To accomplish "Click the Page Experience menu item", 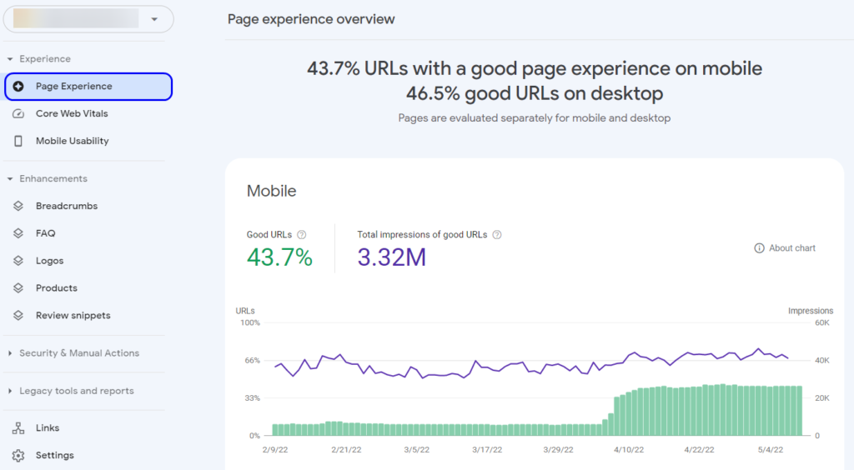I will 73,87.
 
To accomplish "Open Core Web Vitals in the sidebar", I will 72,113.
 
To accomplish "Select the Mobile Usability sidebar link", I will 72,141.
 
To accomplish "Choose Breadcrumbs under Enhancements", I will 66,206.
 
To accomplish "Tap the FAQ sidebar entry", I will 45,233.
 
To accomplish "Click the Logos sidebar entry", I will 49,261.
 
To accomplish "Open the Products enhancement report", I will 56,288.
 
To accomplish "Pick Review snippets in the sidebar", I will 73,316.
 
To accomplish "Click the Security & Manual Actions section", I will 78,353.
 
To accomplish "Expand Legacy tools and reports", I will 76,391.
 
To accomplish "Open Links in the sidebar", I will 48,428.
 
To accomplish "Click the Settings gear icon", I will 18,456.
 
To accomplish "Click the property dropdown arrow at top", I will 153,19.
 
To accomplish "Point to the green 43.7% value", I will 279,257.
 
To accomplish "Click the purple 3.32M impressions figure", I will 391,257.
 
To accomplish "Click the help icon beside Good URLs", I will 302,235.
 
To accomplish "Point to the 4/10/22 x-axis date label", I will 629,450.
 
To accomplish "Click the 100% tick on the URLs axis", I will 250,322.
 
